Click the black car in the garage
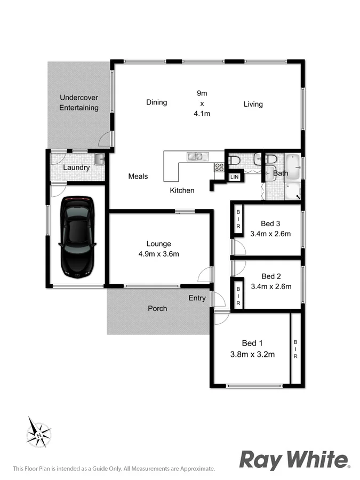(77, 236)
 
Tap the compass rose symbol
(39, 432)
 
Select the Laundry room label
(76, 167)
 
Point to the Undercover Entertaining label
(79, 103)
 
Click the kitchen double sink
(194, 156)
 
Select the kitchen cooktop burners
(219, 167)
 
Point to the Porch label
(157, 308)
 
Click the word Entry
(197, 298)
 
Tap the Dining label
(156, 102)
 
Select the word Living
(253, 104)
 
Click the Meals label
(138, 176)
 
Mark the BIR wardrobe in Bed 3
(238, 219)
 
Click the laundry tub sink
(99, 158)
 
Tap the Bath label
(281, 173)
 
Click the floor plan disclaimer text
(114, 468)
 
